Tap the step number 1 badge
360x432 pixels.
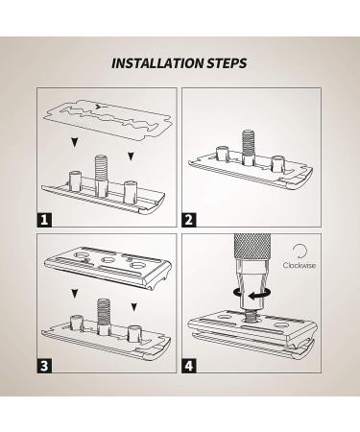pyautogui.click(x=44, y=220)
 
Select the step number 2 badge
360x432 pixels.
pyautogui.click(x=189, y=220)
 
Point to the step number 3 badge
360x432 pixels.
pyautogui.click(x=44, y=366)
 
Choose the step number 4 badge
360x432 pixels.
pyautogui.click(x=189, y=366)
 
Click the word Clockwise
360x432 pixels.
pyautogui.click(x=300, y=265)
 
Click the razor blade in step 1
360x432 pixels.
pyautogui.click(x=109, y=120)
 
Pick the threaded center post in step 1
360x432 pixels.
pyautogui.click(x=101, y=176)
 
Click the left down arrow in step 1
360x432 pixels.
pyautogui.click(x=75, y=142)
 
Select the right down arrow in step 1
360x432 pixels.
pyautogui.click(x=131, y=156)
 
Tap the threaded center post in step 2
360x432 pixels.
pyautogui.click(x=248, y=147)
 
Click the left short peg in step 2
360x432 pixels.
pyautogui.click(x=223, y=154)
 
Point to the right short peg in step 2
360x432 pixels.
pyautogui.click(x=277, y=163)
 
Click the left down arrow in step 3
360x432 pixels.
pyautogui.click(x=75, y=293)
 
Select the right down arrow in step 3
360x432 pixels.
pyautogui.click(x=134, y=307)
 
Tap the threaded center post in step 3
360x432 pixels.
pyautogui.click(x=104, y=316)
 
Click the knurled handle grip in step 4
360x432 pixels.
pyautogui.click(x=249, y=247)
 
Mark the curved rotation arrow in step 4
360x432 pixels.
pyautogui.click(x=252, y=292)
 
